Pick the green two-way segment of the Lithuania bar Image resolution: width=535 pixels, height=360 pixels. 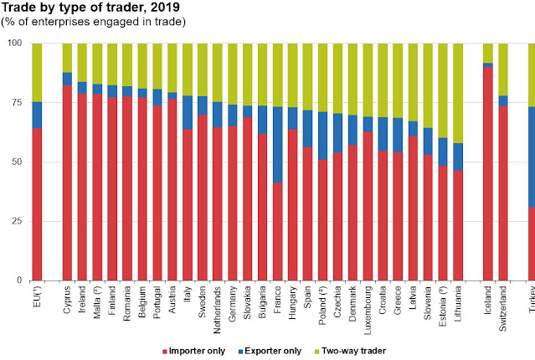pyautogui.click(x=458, y=93)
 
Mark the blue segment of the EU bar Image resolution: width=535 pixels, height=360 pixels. pyautogui.click(x=36, y=115)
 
